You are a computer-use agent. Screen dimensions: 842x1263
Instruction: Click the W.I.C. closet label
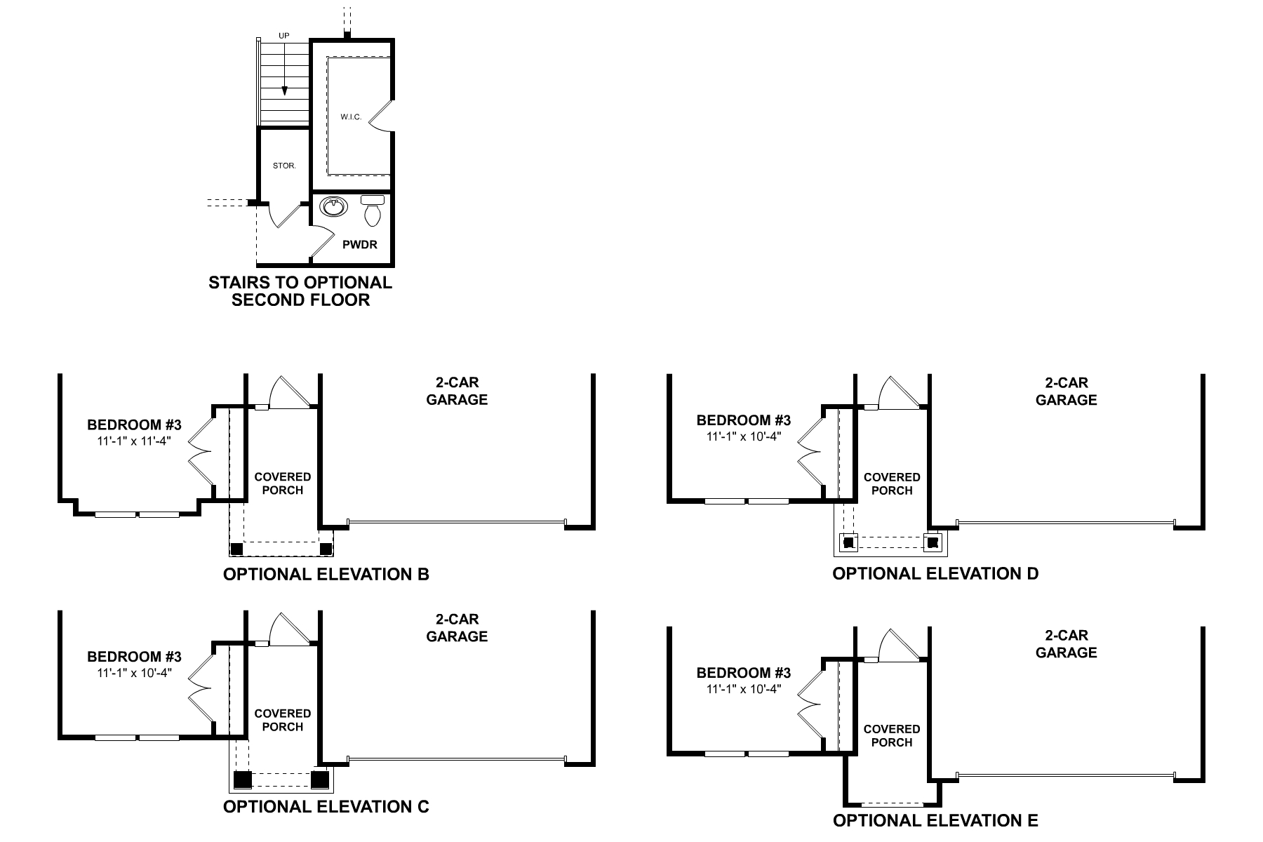tap(352, 117)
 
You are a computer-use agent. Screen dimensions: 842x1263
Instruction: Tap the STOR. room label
tap(284, 166)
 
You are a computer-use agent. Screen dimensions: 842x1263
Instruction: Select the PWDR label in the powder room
tap(360, 245)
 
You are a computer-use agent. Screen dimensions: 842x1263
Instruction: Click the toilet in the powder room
tap(373, 210)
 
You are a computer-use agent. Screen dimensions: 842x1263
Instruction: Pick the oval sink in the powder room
tap(333, 207)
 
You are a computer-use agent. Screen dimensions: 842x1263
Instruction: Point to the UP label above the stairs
tap(283, 36)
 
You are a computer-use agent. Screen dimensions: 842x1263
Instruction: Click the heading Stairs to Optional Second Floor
tap(300, 291)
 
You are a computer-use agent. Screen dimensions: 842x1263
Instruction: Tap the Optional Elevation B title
tap(326, 575)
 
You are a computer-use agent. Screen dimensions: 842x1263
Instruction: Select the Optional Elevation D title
tap(935, 574)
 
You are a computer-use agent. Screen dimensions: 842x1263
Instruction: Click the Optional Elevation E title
tap(935, 820)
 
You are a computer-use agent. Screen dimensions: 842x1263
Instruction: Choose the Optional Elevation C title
tap(326, 807)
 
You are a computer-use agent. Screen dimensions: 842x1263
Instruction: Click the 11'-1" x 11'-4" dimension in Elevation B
tap(134, 441)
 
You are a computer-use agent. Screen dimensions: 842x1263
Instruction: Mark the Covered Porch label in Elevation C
tap(283, 720)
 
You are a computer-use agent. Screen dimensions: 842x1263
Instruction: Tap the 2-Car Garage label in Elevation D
tap(1066, 392)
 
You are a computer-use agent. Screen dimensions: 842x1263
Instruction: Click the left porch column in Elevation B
tap(237, 549)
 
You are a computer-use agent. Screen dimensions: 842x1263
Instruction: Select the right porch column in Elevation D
tap(933, 542)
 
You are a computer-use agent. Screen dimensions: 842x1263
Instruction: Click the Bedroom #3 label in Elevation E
tap(743, 674)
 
